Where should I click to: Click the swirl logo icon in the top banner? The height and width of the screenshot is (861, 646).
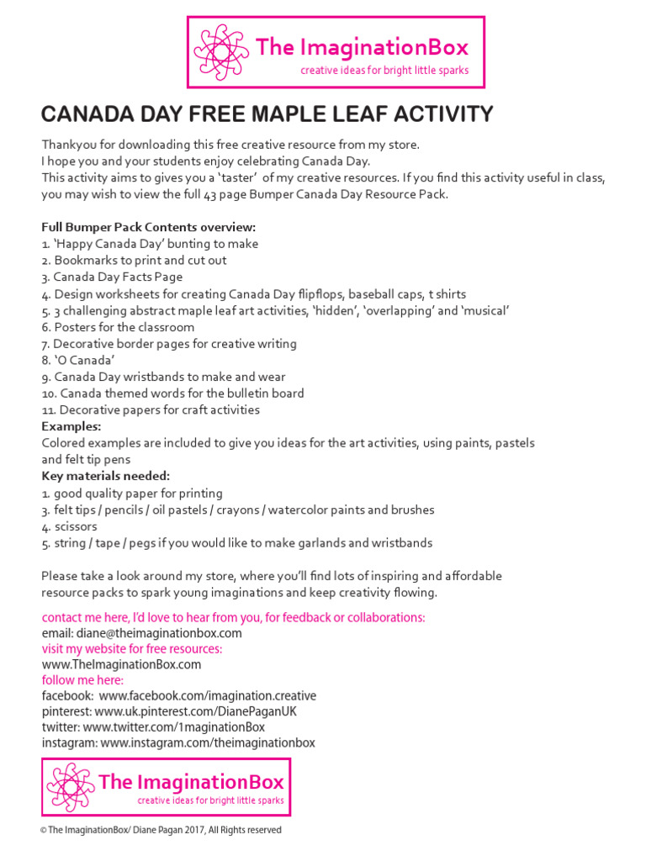point(219,52)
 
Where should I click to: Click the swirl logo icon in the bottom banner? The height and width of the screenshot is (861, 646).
point(71,787)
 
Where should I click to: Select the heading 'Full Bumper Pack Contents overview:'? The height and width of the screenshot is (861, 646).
point(148,227)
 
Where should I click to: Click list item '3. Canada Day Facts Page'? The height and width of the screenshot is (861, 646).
point(112,277)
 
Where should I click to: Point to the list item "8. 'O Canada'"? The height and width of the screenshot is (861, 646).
point(78,360)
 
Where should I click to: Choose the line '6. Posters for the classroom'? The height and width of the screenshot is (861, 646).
point(118,327)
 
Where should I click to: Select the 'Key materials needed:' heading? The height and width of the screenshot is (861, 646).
point(105,476)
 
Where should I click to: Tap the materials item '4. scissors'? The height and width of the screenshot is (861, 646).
point(69,526)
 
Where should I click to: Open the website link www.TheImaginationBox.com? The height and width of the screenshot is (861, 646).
point(121,664)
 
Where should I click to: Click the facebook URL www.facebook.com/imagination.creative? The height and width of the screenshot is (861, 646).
point(207,696)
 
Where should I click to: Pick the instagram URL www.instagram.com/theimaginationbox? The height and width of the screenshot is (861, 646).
point(208,743)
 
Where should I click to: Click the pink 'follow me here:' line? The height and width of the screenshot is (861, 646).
point(82,680)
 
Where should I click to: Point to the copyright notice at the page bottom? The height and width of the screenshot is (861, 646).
point(161,830)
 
